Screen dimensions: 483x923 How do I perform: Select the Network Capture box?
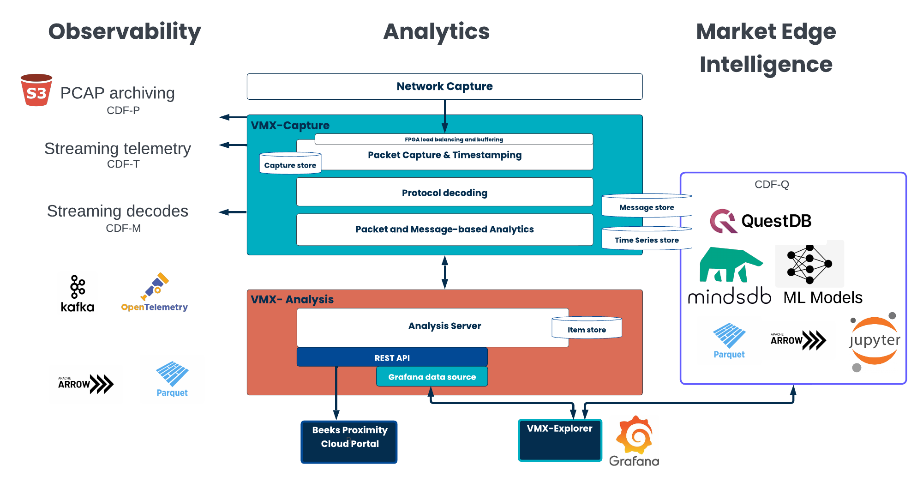point(444,86)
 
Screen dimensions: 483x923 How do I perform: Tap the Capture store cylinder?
point(290,163)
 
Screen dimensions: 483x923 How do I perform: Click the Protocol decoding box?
point(444,193)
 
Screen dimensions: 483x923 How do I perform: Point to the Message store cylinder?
point(647,206)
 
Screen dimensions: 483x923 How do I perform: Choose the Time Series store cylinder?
point(647,239)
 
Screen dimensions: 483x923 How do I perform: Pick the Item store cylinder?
point(587,328)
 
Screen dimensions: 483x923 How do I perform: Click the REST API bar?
point(392,357)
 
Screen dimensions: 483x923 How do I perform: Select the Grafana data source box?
point(432,377)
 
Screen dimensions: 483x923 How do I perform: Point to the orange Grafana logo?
point(635,435)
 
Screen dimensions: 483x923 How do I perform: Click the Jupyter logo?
point(875,341)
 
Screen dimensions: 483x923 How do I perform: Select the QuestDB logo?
point(761,221)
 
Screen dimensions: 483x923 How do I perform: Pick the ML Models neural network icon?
point(809,264)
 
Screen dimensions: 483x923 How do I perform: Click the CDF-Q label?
point(772,185)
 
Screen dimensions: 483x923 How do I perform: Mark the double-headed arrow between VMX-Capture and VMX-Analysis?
point(444,272)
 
